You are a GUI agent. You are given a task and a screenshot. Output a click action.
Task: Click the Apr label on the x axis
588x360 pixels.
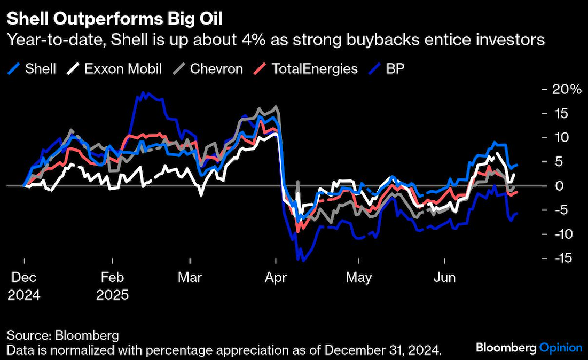point(275,278)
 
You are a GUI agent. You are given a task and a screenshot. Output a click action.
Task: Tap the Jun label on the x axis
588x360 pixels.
point(445,278)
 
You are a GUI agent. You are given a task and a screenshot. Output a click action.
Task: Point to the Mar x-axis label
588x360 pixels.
point(190,278)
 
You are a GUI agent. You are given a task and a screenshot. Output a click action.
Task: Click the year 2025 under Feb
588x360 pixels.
point(113,294)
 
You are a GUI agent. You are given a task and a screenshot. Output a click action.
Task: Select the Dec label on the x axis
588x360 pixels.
point(24,278)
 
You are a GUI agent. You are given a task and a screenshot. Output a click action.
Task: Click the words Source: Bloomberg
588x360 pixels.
point(62,336)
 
